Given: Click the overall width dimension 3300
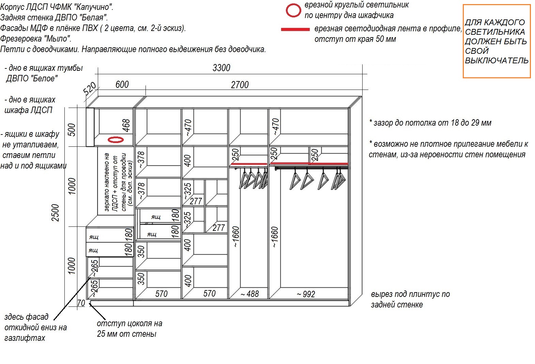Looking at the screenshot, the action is (x=221, y=68).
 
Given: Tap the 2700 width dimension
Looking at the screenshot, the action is (x=240, y=85).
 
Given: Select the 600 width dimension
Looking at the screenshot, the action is (x=122, y=84).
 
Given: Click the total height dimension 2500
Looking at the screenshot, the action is (x=55, y=213).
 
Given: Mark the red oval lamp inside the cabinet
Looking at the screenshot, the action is (x=116, y=140).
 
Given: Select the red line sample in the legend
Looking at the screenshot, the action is (x=295, y=29).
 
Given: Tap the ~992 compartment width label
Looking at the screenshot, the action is (x=306, y=294).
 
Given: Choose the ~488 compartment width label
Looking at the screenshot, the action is (x=249, y=294).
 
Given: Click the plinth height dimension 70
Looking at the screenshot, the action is (x=81, y=303).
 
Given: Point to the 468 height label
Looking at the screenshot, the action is (x=126, y=125).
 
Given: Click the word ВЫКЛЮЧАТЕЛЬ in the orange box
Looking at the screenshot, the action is (x=496, y=61).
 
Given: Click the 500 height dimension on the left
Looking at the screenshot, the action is (x=72, y=130).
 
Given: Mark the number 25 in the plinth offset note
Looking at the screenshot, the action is (x=101, y=334).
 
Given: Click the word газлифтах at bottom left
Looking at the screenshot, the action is (x=25, y=338).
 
